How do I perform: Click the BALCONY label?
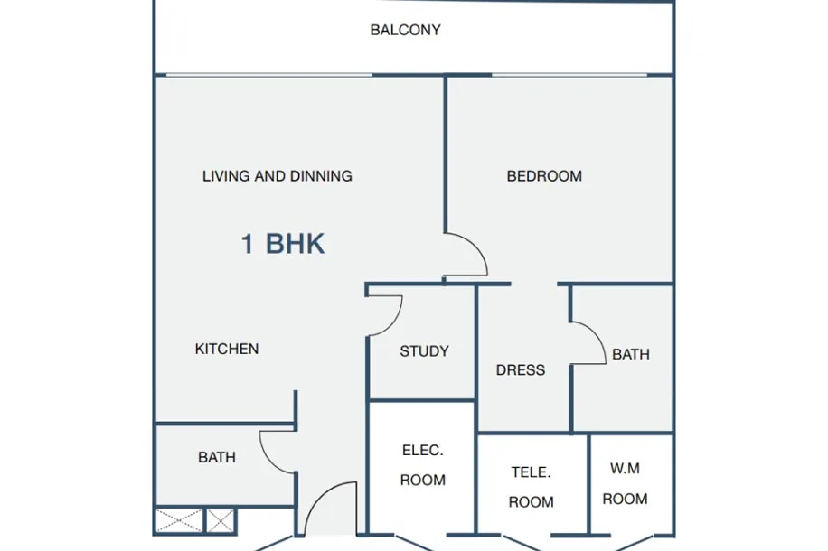[x=405, y=30]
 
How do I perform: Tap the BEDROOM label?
[x=544, y=176]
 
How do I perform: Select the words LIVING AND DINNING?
[x=278, y=176]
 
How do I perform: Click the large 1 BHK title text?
[x=283, y=244]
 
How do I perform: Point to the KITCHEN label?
[x=227, y=349]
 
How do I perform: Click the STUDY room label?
[x=424, y=351]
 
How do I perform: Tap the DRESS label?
[x=520, y=370]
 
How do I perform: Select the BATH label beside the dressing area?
[x=631, y=354]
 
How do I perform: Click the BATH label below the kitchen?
[x=217, y=457]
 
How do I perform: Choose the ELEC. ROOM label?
[x=422, y=465]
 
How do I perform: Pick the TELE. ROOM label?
[x=531, y=487]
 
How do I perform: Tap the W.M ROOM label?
[x=625, y=483]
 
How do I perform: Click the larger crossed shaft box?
[x=179, y=521]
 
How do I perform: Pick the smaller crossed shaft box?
[x=221, y=521]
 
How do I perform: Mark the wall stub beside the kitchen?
[x=296, y=407]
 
